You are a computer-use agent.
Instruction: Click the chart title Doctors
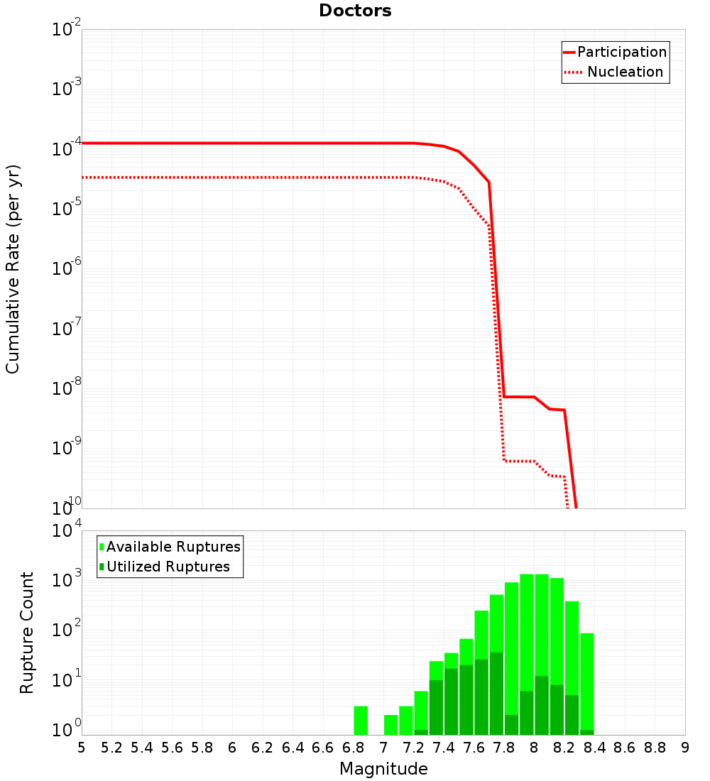coord(355,11)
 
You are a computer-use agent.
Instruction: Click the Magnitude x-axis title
coord(383,769)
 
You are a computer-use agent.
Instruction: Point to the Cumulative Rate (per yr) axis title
coord(13,268)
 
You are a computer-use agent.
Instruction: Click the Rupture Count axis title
coord(27,632)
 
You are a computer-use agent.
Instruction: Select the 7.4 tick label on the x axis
coord(444,748)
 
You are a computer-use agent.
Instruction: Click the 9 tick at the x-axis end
coord(685,748)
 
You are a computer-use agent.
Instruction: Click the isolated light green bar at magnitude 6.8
coord(361,720)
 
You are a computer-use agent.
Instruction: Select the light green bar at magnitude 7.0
coord(390,724)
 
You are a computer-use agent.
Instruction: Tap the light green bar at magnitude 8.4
coord(587,682)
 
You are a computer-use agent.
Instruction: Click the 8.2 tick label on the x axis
coord(564,748)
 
